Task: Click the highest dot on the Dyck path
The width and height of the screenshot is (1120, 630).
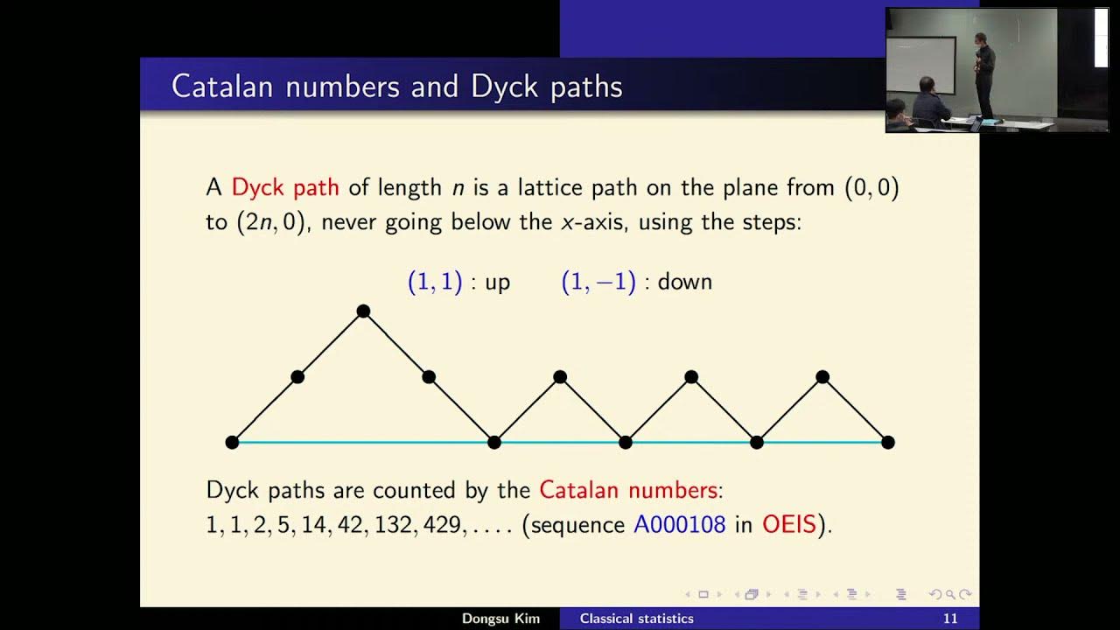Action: pos(363,311)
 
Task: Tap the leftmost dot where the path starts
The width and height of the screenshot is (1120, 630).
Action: pos(232,443)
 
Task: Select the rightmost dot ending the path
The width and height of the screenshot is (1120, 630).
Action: pos(888,443)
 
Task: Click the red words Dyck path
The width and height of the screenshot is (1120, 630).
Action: pos(285,187)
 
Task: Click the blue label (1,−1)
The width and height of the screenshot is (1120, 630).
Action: pos(598,282)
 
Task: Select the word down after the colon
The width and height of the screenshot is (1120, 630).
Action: pos(684,282)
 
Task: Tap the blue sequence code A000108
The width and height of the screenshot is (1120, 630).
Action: pos(679,525)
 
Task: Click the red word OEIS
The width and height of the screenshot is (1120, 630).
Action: pos(789,525)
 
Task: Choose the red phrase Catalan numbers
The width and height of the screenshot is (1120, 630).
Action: pos(628,490)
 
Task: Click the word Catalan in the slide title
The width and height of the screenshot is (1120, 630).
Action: pos(223,87)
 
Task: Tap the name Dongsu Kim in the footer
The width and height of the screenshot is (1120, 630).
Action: pos(500,619)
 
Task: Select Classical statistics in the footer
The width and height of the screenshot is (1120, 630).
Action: pos(636,619)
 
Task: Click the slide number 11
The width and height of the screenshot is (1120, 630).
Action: pos(949,619)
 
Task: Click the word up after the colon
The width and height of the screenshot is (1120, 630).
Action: pos(497,282)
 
